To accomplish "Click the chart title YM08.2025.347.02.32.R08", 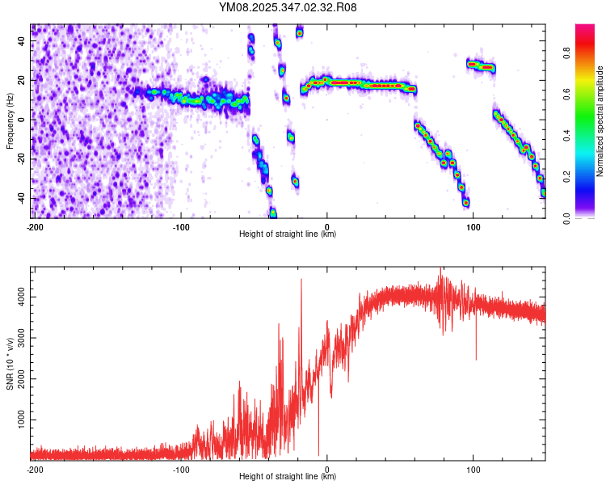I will click(x=288, y=7).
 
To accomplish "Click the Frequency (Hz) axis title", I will click(x=10, y=121).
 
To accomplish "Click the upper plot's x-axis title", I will click(x=288, y=234).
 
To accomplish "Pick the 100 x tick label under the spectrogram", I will click(x=473, y=226).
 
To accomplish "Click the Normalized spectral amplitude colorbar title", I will click(x=600, y=121).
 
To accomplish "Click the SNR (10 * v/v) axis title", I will click(x=11, y=364).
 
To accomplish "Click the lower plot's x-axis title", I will click(x=288, y=477).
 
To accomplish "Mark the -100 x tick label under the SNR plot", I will click(x=181, y=469).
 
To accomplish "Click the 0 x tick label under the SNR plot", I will click(x=327, y=469).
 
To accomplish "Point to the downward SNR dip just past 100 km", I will click(x=476, y=358).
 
